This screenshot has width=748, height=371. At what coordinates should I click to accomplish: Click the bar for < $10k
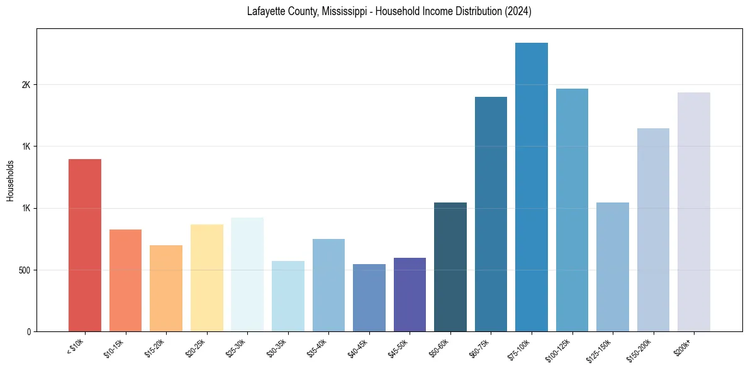(85, 245)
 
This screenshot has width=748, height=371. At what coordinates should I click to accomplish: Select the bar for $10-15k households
(125, 280)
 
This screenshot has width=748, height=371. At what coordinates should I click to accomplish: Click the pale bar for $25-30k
(247, 274)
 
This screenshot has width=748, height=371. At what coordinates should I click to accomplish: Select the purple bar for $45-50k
(410, 294)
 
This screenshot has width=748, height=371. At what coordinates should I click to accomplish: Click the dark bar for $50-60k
(450, 267)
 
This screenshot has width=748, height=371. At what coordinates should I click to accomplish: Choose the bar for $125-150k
(613, 267)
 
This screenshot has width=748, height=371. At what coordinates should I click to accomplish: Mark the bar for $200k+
(694, 212)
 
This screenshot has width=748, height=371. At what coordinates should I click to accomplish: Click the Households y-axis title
(11, 180)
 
